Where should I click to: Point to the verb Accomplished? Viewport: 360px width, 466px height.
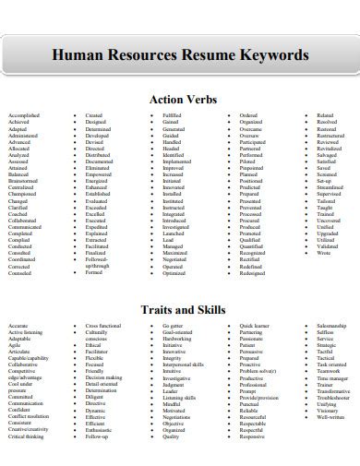pos(24,115)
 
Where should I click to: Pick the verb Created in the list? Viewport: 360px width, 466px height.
pos(94,115)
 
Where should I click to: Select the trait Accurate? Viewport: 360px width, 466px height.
pos(18,326)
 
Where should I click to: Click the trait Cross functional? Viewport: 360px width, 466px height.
pos(103,326)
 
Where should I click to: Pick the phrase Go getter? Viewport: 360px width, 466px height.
pos(173,326)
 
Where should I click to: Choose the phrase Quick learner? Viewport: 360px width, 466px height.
pos(254,326)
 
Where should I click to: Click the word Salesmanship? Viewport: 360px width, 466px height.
pos(331,326)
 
